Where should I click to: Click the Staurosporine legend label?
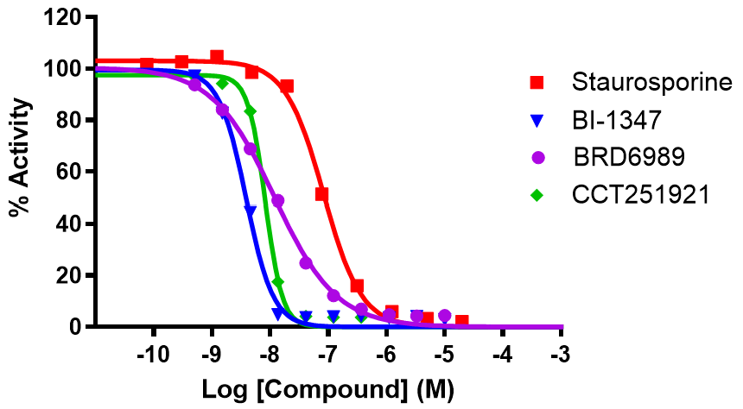651,83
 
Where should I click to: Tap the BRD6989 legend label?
628,157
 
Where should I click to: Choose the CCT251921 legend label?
640,195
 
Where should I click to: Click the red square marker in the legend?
537,83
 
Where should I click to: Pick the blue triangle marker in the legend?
537,121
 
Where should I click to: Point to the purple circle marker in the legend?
537,158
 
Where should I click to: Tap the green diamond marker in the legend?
537,195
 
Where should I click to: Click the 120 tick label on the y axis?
64,17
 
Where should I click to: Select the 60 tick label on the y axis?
70,172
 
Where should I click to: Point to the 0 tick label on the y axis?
77,327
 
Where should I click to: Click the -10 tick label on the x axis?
153,355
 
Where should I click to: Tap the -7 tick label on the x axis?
328,355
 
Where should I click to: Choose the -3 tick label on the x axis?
562,355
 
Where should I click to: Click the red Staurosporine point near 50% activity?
322,195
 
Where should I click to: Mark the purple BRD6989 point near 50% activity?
278,200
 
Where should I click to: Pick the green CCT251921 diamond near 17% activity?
278,282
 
